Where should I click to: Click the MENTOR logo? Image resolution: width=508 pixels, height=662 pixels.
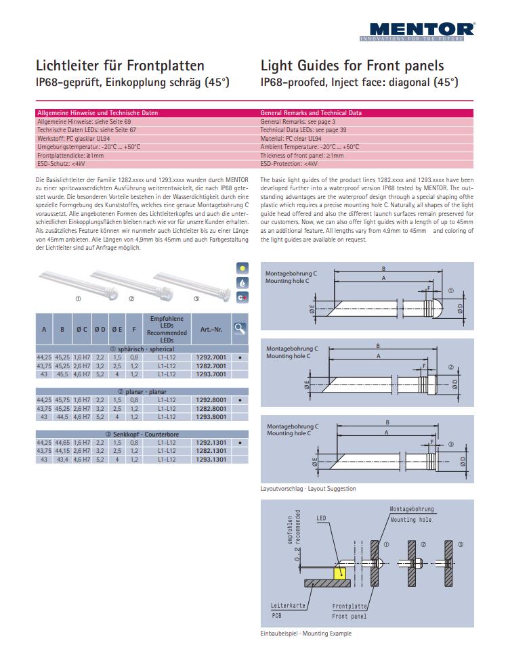417,32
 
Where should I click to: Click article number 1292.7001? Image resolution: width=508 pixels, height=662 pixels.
211,357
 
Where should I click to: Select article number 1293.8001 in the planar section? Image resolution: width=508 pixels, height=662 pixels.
211,417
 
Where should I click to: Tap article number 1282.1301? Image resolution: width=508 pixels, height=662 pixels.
211,451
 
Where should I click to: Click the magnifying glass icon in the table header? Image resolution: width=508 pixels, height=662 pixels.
240,328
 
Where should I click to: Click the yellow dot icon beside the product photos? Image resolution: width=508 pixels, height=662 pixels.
242,268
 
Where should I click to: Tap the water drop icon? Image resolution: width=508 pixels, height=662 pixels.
242,283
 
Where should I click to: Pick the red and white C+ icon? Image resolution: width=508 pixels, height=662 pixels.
242,297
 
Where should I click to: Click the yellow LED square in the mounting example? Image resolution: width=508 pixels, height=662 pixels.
340,573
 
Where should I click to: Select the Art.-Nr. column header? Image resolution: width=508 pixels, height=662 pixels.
211,330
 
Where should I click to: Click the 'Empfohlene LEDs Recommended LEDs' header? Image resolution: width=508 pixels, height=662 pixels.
167,330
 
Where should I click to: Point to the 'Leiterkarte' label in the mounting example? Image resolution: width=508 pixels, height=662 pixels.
288,605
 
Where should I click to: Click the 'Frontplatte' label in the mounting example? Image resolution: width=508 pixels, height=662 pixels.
350,606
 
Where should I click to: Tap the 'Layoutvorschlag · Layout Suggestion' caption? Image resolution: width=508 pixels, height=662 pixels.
308,489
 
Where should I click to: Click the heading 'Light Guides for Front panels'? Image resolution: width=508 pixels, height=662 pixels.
352,66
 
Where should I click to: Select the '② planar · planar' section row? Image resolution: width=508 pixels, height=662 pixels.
142,392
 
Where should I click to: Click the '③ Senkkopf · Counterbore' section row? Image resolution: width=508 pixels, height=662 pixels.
142,434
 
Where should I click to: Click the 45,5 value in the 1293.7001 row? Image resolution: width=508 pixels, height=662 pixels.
62,374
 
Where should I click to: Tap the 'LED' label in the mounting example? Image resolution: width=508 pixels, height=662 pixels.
321,518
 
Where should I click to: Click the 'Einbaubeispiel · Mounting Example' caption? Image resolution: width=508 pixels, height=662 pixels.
306,634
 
